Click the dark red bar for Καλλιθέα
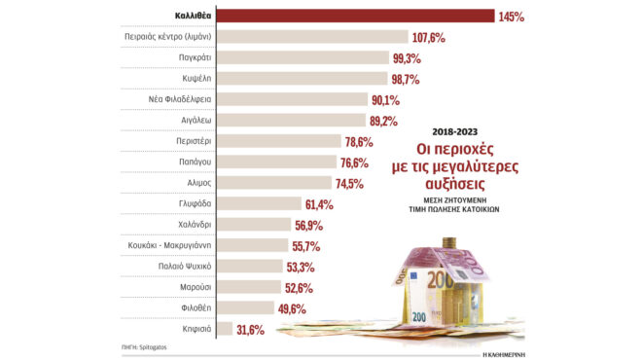click(354, 16)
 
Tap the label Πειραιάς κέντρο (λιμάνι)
click(168, 37)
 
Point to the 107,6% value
click(429, 38)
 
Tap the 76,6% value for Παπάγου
click(356, 162)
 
